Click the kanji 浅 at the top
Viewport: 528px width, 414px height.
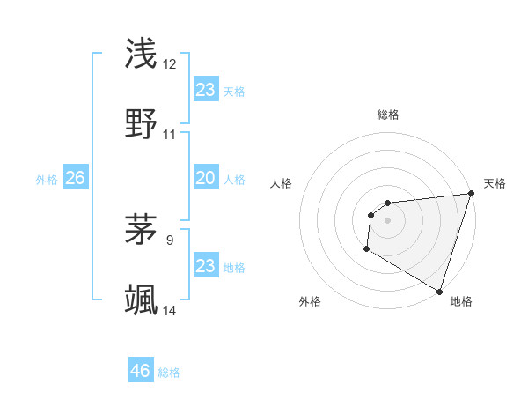[142, 54]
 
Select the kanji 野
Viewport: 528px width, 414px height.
[142, 125]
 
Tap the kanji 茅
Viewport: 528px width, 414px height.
[142, 228]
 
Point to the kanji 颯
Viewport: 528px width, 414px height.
[142, 300]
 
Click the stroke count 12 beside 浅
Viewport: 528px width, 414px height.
[170, 64]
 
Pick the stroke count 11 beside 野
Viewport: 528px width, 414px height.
[170, 135]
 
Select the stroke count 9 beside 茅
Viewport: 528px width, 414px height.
[170, 238]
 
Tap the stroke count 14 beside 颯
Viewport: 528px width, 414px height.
[170, 310]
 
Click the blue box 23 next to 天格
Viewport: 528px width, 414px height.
[205, 90]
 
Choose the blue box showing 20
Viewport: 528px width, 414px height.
[205, 178]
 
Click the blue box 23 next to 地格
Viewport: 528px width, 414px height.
[205, 266]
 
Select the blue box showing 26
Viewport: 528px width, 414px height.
[75, 178]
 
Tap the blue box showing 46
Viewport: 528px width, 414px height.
[140, 371]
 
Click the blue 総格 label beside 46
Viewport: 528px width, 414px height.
[169, 373]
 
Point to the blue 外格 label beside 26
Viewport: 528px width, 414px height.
[47, 180]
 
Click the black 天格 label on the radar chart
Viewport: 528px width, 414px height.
[495, 183]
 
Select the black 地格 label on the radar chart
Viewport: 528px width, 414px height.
[461, 302]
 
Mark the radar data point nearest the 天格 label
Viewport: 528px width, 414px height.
[471, 194]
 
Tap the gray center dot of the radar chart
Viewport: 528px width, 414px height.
[387, 220]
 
